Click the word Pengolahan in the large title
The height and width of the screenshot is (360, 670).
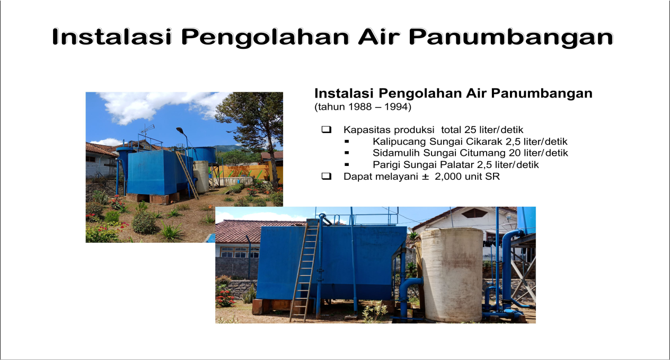pos(265,38)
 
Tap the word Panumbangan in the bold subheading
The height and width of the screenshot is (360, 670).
pos(542,93)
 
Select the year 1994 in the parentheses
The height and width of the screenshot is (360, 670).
pos(395,107)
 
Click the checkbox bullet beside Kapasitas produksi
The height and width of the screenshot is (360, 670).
pos(327,129)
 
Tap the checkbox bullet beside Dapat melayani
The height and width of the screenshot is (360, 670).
pos(327,176)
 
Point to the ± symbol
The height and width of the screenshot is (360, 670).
pos(425,177)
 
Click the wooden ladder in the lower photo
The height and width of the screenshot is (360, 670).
pos(304,271)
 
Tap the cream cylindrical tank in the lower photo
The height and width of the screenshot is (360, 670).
pos(452,275)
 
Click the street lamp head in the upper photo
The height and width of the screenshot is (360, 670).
pos(180,130)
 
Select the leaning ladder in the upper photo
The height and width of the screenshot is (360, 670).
pos(187,175)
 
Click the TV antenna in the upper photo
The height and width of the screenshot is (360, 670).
pos(147,129)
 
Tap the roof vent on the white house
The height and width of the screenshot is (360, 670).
pos(474,213)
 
